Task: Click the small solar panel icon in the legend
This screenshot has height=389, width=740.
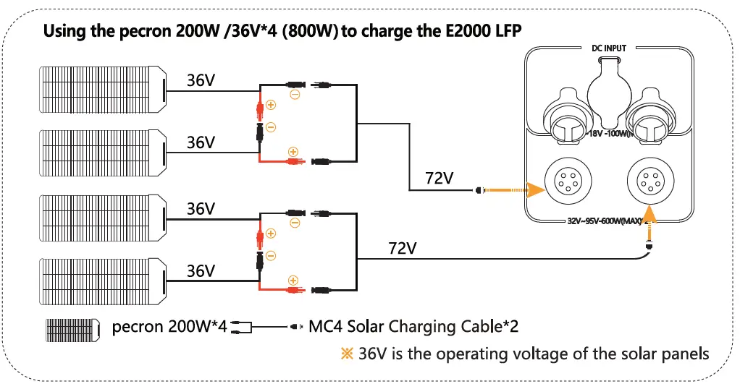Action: (x=73, y=330)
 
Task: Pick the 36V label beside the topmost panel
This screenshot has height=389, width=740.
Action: (x=201, y=80)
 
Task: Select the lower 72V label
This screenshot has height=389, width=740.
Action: (x=403, y=248)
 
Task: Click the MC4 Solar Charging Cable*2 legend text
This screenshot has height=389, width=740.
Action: (x=413, y=327)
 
